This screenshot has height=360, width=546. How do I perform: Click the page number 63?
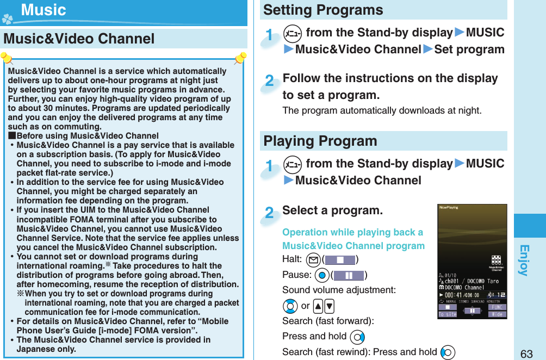coord(526,353)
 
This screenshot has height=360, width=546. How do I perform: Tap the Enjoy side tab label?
coord(523,260)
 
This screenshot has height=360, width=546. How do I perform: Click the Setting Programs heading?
coord(323,10)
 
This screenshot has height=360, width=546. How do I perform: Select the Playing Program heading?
coord(320,141)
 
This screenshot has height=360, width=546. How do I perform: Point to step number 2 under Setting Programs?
coord(269,82)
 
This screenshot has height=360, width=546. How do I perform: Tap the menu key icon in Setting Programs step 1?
coord(290,33)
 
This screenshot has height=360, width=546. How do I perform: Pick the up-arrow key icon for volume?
coord(317,306)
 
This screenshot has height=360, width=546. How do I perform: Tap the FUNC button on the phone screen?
coord(498,306)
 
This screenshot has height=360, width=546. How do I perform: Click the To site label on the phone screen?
coord(448,314)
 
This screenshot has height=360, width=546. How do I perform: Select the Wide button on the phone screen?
coord(498,314)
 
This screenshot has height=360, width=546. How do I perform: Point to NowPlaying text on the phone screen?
coord(449,207)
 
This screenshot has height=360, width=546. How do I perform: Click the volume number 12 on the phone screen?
coord(500,295)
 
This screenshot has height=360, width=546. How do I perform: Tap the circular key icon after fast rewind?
coord(448,352)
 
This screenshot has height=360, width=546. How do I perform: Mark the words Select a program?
coord(332,210)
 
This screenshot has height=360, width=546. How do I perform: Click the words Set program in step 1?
coord(469,49)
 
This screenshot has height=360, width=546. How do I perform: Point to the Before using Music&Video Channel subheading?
coord(87,136)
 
